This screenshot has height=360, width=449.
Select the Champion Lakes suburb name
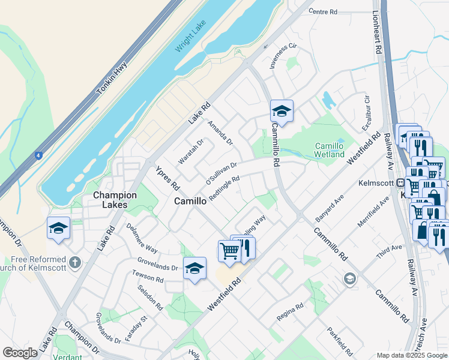[115, 200]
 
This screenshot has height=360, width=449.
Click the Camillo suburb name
[190, 202]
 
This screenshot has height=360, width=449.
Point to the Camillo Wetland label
[330, 150]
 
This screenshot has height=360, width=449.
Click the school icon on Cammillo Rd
[282, 111]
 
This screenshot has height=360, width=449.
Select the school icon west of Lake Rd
[58, 228]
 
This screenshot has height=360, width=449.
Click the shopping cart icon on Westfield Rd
[229, 250]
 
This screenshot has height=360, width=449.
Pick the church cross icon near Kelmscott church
[74, 262]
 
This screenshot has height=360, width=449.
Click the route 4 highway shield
[38, 155]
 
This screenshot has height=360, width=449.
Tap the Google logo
[20, 353]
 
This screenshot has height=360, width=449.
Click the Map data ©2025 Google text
[411, 355]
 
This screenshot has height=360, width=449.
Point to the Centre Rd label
[324, 11]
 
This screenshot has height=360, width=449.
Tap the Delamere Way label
[142, 239]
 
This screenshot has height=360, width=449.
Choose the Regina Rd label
[291, 311]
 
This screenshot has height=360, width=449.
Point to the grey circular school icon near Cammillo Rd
[349, 278]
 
